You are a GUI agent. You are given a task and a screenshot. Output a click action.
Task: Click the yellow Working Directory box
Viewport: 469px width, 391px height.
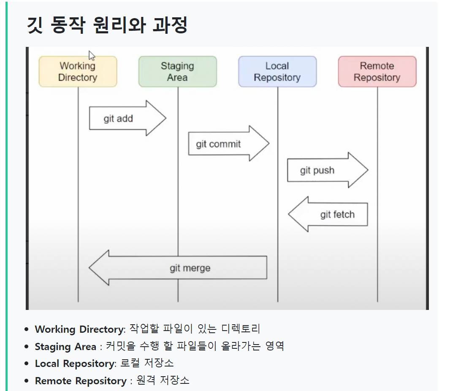click(x=78, y=72)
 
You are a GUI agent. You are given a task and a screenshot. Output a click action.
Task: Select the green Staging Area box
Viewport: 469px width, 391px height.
click(x=177, y=72)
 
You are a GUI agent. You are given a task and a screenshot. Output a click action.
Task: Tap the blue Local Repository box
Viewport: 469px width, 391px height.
click(x=277, y=72)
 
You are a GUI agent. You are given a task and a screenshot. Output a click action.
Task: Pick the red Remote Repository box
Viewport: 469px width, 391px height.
click(x=377, y=72)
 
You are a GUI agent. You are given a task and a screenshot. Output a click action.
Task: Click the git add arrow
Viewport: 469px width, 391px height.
click(x=127, y=118)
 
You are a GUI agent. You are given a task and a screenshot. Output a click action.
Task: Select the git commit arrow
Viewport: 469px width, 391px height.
click(x=228, y=144)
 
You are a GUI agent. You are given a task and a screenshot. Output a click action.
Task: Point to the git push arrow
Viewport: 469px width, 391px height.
click(x=327, y=170)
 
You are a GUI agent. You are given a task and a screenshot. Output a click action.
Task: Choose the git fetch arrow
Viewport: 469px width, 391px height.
click(x=329, y=214)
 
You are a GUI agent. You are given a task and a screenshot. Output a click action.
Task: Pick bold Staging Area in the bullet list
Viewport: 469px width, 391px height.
click(x=65, y=347)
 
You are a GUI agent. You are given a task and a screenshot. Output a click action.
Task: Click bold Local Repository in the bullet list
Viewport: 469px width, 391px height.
click(x=74, y=363)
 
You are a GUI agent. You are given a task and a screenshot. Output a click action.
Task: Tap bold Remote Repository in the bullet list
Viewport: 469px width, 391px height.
click(x=80, y=380)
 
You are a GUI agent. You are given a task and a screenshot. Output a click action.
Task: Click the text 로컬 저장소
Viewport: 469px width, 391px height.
click(x=147, y=363)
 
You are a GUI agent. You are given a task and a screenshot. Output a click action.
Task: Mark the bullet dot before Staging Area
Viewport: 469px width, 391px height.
click(x=27, y=347)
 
